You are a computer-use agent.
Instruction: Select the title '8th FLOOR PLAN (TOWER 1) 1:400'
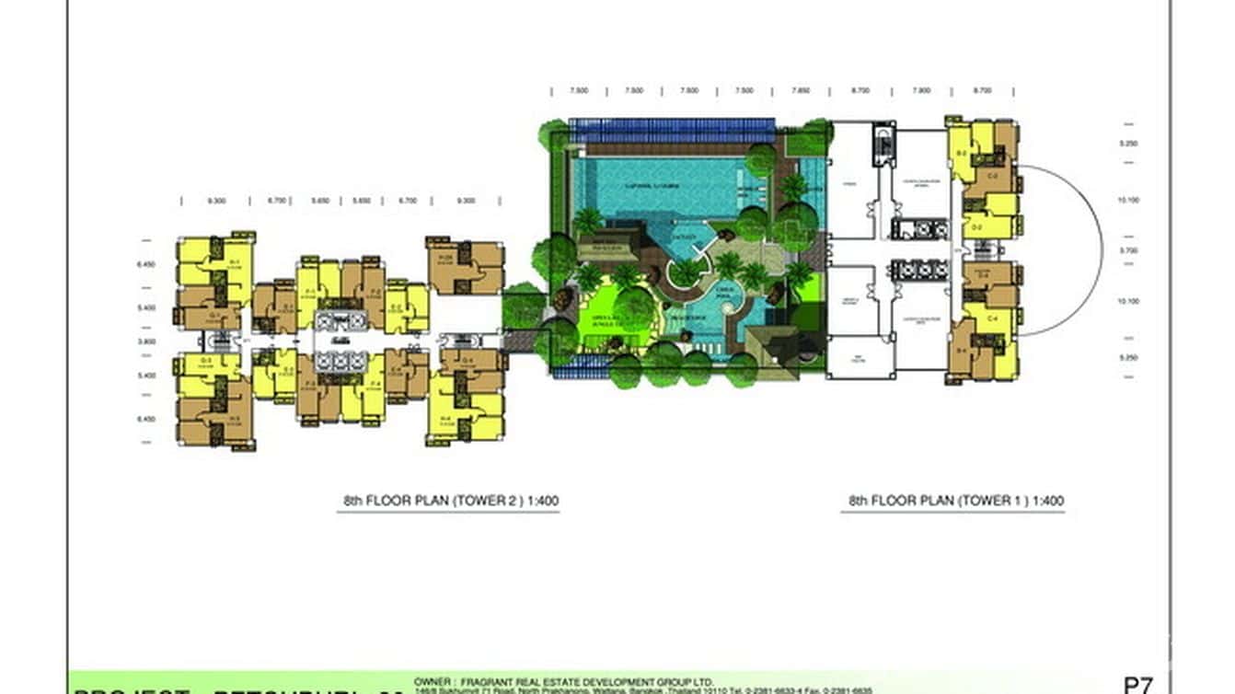[956, 502]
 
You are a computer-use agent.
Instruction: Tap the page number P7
[1138, 685]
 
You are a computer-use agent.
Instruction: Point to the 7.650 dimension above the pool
[801, 91]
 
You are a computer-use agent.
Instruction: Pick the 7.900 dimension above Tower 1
[920, 91]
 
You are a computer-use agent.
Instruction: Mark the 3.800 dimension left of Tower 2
[146, 341]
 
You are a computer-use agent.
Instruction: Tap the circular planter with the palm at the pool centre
[685, 272]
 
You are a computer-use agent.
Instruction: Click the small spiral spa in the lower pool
[736, 313]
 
